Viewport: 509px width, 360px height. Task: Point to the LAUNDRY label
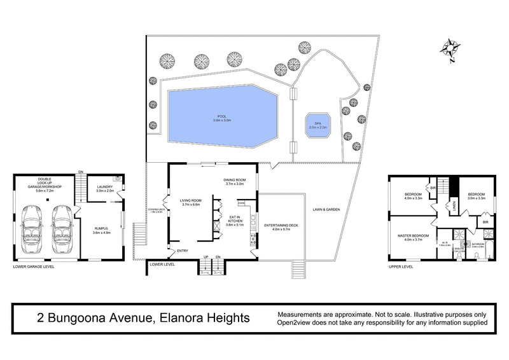point(104,187)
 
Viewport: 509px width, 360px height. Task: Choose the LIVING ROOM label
point(191,202)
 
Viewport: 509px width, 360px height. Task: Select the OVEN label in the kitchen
point(242,204)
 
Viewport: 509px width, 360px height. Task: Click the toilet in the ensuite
point(459,256)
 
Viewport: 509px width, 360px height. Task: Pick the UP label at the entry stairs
point(206,257)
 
